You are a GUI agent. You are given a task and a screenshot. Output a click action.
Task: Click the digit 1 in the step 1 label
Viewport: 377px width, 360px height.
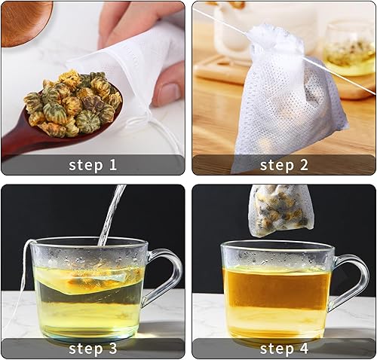point(112,165)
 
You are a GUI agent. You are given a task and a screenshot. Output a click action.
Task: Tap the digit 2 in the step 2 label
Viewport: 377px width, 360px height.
point(304,165)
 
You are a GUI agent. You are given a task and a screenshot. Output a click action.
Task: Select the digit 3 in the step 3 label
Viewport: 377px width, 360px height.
point(112,348)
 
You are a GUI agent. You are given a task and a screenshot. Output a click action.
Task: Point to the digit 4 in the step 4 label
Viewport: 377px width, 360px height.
point(304,348)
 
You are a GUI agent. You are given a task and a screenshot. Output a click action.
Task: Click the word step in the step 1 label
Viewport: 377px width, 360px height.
point(86,166)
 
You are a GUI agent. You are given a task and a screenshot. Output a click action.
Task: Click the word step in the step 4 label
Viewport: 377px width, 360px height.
point(277,349)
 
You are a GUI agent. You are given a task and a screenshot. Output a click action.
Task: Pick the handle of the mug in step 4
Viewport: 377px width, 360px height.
point(352,281)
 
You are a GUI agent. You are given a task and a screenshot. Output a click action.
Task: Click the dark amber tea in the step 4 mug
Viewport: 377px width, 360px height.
point(277,288)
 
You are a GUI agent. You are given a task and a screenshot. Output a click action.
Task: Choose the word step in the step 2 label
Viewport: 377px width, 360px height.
point(277,166)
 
